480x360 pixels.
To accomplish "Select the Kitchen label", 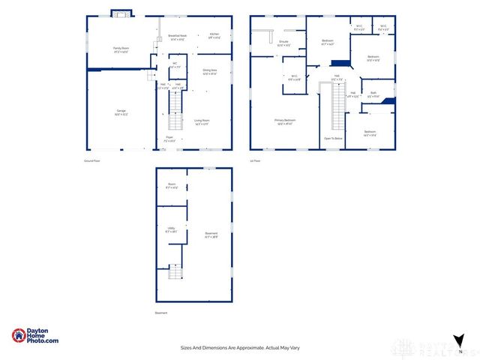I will point(214,34).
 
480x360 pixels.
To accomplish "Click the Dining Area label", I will point(209,72).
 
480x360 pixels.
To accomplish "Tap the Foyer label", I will point(169,138).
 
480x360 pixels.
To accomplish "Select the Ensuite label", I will point(283,43).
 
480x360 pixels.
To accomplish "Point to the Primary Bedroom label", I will point(285,121).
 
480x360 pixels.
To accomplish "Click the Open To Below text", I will point(333,139).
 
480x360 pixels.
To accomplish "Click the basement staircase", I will point(175,271).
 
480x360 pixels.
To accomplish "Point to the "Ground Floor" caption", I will point(91,160).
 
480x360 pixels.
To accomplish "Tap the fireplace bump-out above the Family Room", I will point(121,13).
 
